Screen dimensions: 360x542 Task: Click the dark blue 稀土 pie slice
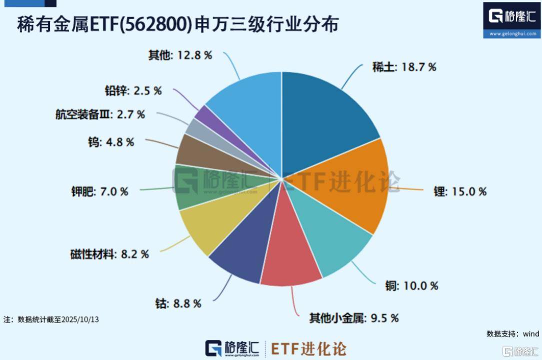(325, 115)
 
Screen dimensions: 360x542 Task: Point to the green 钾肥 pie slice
(200, 192)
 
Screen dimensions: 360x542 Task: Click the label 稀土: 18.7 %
(403, 66)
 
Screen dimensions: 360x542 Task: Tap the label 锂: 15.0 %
(459, 191)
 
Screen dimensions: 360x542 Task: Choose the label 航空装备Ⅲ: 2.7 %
(100, 114)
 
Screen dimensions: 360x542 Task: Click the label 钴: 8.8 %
(178, 303)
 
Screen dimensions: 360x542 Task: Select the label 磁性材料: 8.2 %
(109, 254)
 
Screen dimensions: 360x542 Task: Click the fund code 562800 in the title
(156, 23)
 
